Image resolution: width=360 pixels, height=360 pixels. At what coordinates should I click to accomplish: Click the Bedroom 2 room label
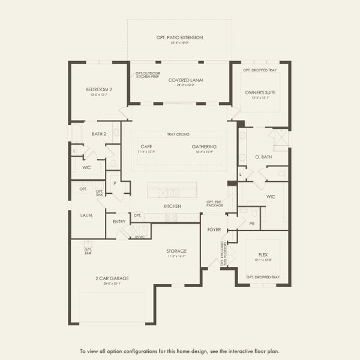[99, 89]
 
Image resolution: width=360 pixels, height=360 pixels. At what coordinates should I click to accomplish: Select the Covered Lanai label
[179, 80]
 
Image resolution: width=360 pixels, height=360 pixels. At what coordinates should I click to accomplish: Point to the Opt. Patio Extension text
[179, 37]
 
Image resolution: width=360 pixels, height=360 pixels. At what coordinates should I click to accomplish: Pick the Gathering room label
[204, 146]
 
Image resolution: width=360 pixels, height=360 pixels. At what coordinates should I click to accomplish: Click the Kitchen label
[173, 206]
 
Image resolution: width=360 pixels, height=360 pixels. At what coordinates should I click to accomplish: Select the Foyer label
[214, 229]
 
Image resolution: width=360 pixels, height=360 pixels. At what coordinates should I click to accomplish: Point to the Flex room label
[263, 255]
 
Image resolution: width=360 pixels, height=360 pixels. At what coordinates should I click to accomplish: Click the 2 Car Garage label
[112, 278]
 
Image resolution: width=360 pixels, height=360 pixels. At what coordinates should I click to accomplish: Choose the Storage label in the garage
[176, 251]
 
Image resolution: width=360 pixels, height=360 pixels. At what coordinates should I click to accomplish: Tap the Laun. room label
[86, 214]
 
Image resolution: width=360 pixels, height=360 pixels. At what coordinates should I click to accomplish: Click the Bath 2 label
[99, 134]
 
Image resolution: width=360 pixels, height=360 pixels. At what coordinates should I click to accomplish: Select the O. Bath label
[263, 157]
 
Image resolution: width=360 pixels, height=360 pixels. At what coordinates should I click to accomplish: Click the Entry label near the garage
[119, 221]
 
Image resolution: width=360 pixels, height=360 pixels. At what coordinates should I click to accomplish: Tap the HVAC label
[140, 237]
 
